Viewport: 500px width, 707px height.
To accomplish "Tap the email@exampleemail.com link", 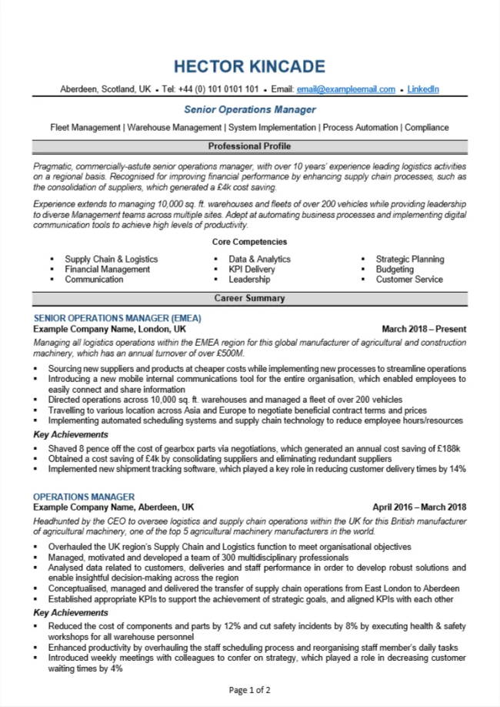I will click(x=345, y=89).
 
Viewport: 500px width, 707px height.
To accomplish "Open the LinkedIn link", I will click(x=423, y=89).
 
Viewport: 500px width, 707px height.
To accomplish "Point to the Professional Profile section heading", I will click(x=250, y=146).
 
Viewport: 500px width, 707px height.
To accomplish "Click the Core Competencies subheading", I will click(x=250, y=242).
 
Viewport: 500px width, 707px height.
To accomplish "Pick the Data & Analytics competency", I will click(x=259, y=260).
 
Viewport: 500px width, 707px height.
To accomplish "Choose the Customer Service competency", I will click(x=409, y=280).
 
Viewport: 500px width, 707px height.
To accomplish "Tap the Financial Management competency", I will click(x=107, y=270).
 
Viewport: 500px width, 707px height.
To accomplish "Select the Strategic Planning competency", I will click(x=409, y=260).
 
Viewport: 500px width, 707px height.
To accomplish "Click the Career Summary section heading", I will click(x=250, y=298).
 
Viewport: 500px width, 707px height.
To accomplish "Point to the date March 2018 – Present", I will click(x=424, y=329).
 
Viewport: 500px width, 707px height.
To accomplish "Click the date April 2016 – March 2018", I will click(x=419, y=508).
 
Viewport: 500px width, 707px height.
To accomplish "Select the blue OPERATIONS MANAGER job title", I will click(x=84, y=497).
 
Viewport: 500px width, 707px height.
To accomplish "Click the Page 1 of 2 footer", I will click(x=249, y=690).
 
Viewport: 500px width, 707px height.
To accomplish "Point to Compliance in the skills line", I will click(x=426, y=127).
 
